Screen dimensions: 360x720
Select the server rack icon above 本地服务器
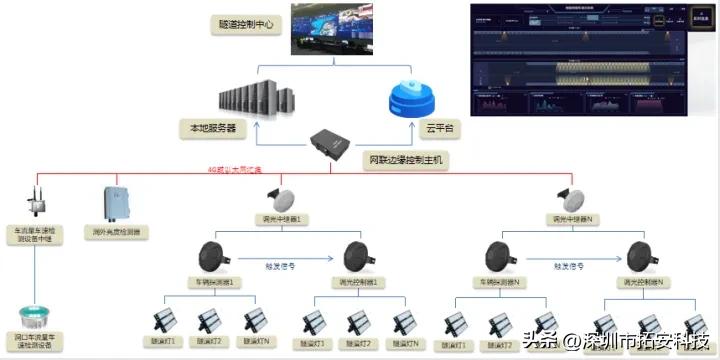click(x=250, y=97)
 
